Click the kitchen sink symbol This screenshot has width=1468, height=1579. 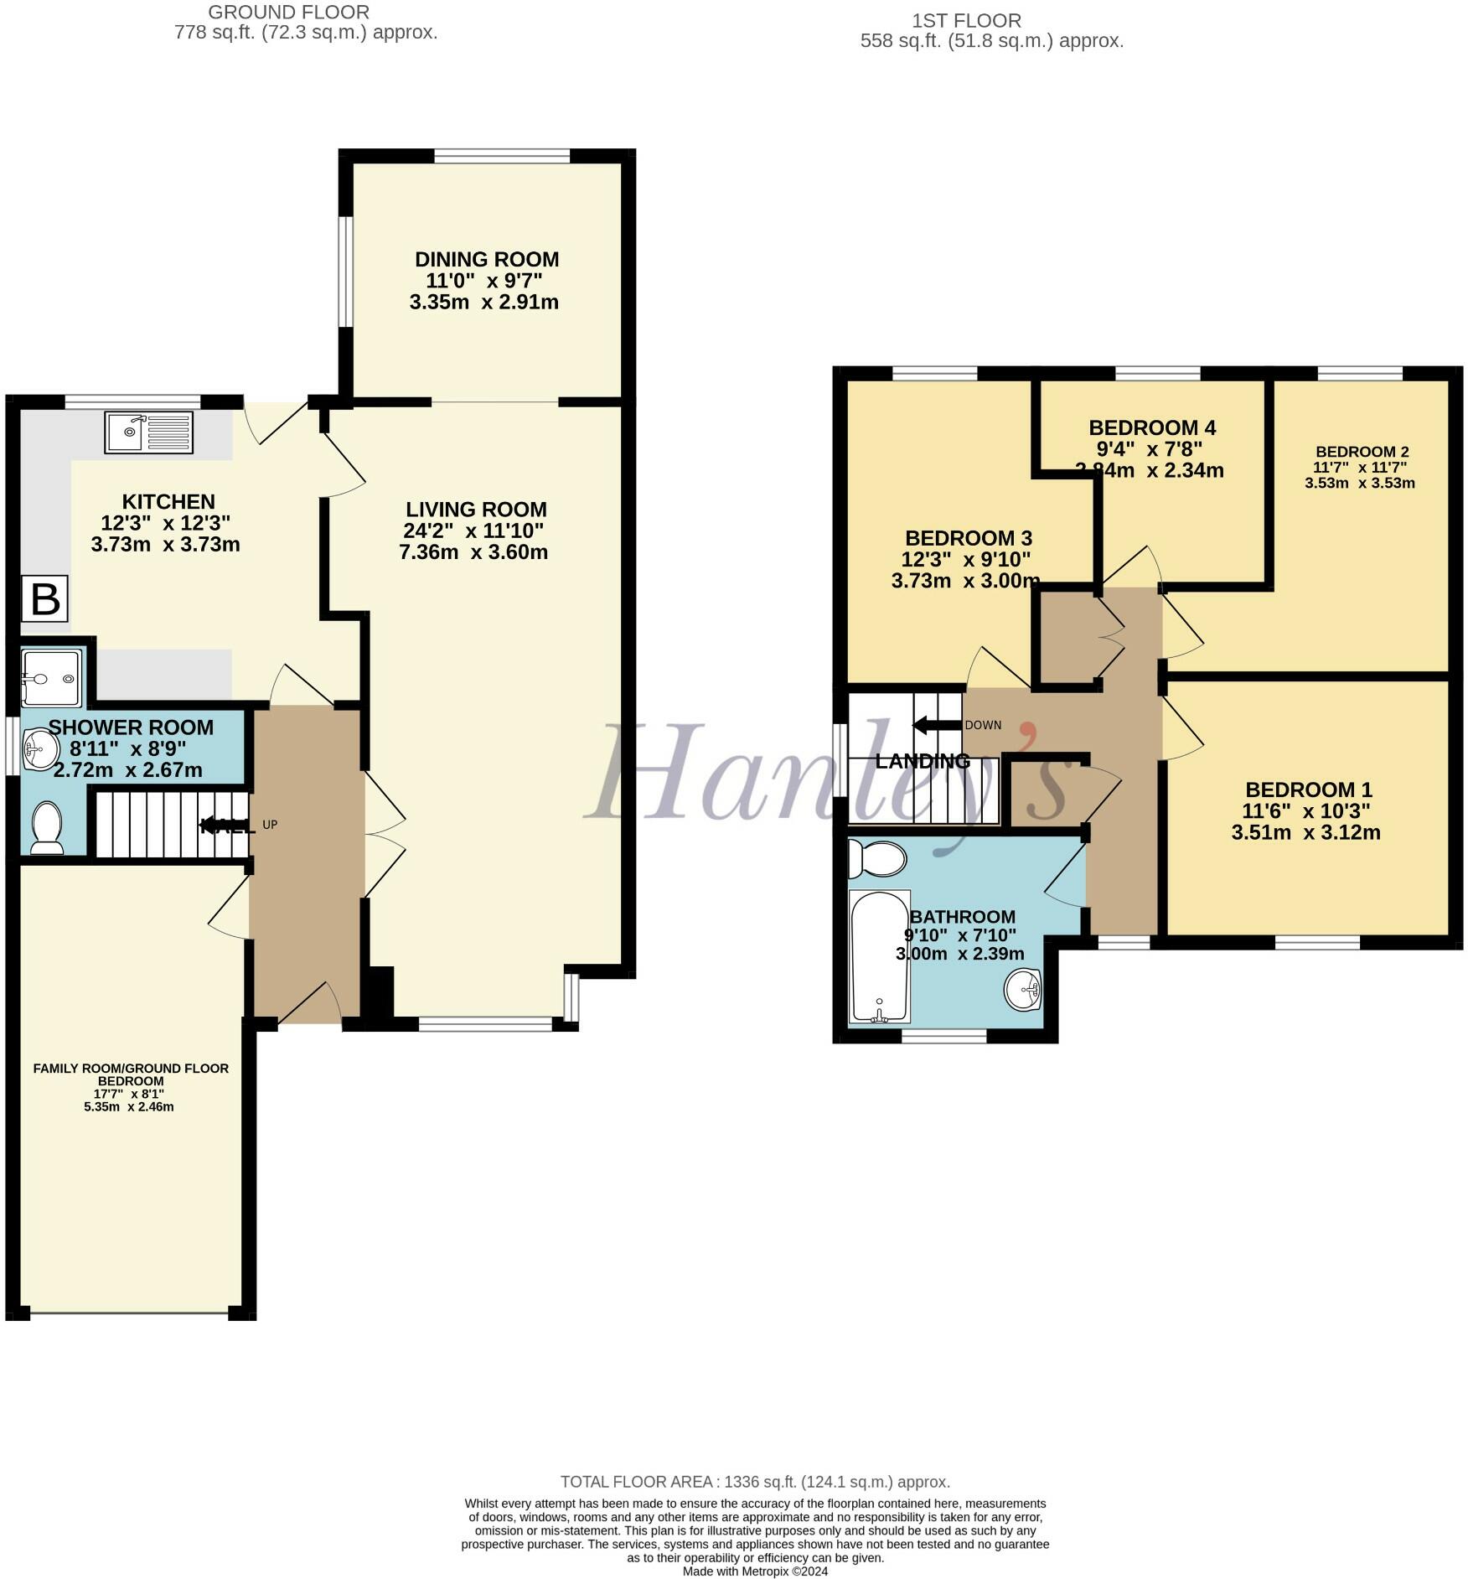(x=148, y=432)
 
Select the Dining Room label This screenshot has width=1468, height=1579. (x=487, y=259)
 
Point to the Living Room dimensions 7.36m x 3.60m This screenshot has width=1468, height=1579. (x=473, y=552)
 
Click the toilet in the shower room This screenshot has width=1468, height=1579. (x=46, y=827)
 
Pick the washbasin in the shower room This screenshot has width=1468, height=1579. (x=37, y=746)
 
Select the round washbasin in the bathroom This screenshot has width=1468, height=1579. (x=1022, y=990)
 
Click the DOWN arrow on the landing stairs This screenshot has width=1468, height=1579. (x=937, y=725)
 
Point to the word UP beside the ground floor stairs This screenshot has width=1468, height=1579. (x=270, y=825)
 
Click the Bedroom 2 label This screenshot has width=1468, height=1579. (x=1362, y=452)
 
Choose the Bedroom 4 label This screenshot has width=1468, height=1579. (x=1152, y=427)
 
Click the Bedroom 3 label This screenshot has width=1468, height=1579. (x=968, y=537)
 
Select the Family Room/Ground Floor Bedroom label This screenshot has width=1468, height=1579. (x=131, y=1074)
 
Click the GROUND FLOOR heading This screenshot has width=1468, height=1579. (x=288, y=13)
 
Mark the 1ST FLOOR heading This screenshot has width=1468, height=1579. (x=966, y=20)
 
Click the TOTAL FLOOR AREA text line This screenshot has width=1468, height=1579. (x=754, y=1482)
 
